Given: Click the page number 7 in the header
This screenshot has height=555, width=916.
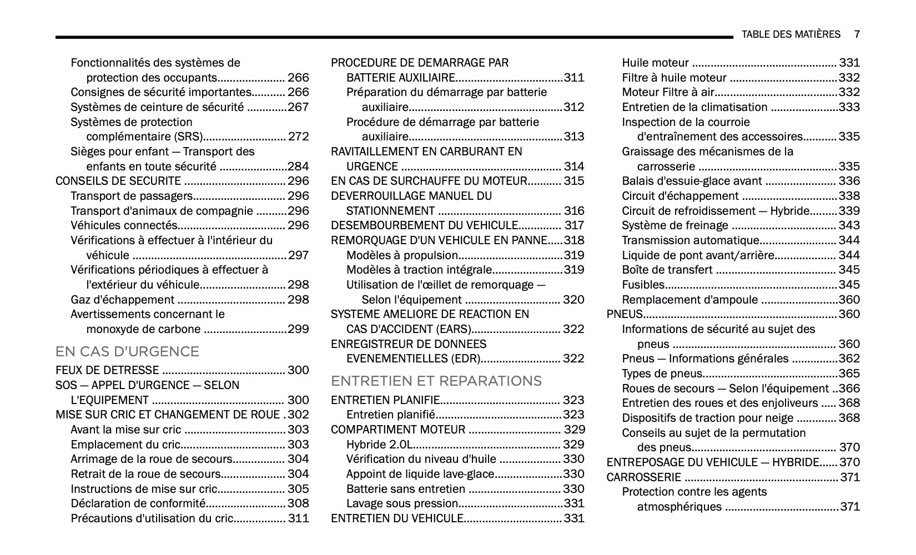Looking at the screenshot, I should coord(857,34).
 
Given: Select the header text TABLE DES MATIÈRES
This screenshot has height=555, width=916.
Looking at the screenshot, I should coord(791,34).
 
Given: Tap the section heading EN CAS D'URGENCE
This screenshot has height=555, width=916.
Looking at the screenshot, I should coord(127,351).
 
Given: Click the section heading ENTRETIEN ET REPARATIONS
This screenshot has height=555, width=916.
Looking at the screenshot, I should coord(436,381).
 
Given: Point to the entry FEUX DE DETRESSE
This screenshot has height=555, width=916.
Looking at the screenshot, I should coord(107,370).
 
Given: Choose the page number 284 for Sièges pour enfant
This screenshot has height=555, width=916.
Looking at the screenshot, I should coord(298,167).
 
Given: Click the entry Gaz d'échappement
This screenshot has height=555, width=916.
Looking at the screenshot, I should coord(122,300).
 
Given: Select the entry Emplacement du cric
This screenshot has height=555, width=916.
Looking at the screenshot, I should coord(125,445).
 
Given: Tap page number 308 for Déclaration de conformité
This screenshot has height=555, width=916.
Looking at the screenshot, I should coord(298,503).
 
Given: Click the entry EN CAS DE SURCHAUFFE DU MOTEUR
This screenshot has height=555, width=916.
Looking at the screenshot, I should coord(429,181).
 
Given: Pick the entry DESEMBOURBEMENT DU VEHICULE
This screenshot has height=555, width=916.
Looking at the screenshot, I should coord(424,225).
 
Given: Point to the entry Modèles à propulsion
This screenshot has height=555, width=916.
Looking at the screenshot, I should coord(402,255).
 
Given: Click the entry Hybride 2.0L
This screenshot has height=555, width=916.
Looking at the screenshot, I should coord(380,445).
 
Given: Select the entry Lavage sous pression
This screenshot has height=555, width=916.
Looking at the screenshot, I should coord(402,503).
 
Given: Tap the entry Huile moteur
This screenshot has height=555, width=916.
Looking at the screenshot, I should coord(655,63).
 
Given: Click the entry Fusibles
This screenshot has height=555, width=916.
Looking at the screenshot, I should coord(643,285).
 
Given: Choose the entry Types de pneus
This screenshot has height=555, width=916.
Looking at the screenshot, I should coord(662,374).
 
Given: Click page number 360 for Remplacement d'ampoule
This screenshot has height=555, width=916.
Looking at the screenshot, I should coord(849,300).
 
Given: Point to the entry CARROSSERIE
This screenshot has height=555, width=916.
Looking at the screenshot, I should coord(643,477).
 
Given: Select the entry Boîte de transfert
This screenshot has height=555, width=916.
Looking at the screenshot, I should coord(667,270).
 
